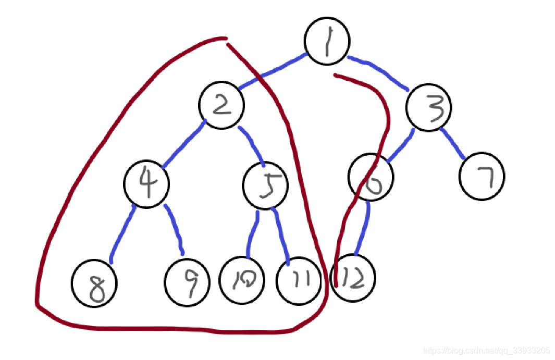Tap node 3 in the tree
pyautogui.click(x=429, y=108)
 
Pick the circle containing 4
pyautogui.click(x=146, y=183)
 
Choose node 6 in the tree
pyautogui.click(x=371, y=177)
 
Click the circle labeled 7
pyautogui.click(x=482, y=176)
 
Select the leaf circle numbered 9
pyautogui.click(x=187, y=282)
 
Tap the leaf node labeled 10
pyautogui.click(x=242, y=280)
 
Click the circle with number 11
pyautogui.click(x=299, y=281)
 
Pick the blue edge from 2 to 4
pyautogui.click(x=183, y=144)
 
